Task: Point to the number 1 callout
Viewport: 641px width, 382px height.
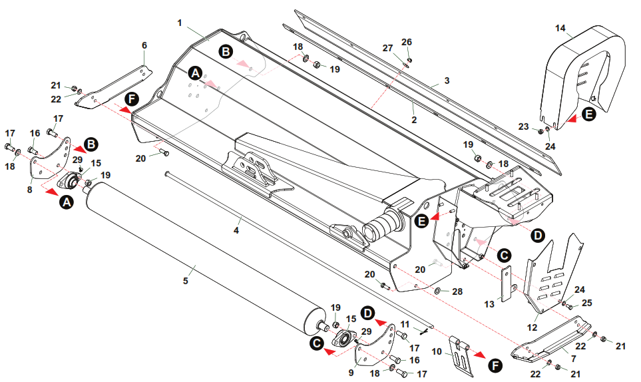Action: [180, 23]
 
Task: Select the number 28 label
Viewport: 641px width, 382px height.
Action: [457, 291]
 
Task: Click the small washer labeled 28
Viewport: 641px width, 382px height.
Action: [438, 291]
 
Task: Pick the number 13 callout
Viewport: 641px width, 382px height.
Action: [490, 303]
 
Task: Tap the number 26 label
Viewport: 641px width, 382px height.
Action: [407, 42]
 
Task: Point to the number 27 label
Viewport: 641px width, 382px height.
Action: [387, 48]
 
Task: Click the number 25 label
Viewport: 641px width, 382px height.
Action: [586, 303]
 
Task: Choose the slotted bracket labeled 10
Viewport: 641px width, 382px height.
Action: [459, 356]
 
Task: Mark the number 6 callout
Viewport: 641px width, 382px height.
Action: [144, 45]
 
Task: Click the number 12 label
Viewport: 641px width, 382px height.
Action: [532, 326]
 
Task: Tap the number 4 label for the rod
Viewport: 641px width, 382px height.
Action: [236, 231]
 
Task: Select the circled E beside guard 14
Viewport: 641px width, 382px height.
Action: [588, 114]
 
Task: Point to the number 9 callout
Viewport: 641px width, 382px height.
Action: [351, 373]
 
